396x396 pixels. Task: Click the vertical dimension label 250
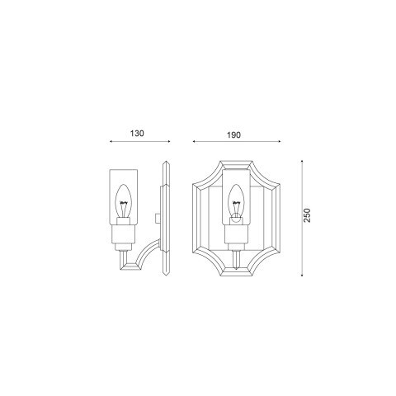pos(307,217)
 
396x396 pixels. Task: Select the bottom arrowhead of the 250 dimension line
pos(303,273)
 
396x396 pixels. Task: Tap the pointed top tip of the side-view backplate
pos(166,162)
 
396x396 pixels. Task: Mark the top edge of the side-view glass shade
pos(125,170)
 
